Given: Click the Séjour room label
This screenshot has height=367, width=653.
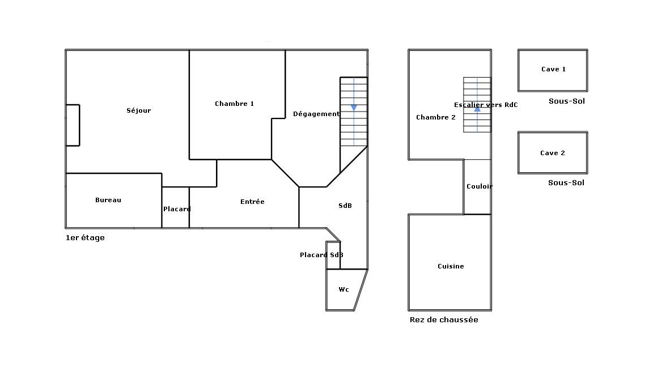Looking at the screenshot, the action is (139, 110).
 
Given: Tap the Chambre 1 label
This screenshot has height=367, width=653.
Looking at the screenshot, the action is (235, 104).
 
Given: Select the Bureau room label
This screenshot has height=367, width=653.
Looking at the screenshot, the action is (108, 200).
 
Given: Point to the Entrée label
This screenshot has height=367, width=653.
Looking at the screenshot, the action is (252, 202).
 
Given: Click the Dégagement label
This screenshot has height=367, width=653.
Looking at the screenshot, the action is (316, 114).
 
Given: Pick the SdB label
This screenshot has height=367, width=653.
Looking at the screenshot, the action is (345, 206).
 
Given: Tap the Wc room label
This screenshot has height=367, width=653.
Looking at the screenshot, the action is (344, 289).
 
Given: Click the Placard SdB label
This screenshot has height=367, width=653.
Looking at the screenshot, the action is (321, 255).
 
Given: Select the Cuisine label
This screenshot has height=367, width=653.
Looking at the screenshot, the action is (451, 266).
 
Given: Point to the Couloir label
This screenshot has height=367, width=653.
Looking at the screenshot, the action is (480, 186).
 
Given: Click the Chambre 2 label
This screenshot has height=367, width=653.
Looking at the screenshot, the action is (436, 117).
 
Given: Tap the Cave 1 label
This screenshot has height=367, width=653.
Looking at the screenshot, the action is (553, 69).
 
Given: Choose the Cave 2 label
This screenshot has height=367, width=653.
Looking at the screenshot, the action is (553, 153).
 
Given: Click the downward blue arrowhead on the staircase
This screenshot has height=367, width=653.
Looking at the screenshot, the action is (354, 108).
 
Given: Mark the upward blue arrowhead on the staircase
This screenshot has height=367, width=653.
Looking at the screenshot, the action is (477, 109).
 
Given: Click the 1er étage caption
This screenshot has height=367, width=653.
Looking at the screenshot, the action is (85, 238).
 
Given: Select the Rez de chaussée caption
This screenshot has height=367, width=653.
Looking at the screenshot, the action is (444, 319).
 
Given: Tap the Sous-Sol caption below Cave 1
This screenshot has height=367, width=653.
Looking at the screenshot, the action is (567, 101).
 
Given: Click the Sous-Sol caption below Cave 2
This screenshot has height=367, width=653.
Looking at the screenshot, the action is (566, 183).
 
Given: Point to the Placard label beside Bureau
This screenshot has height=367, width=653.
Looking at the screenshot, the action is (177, 209).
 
